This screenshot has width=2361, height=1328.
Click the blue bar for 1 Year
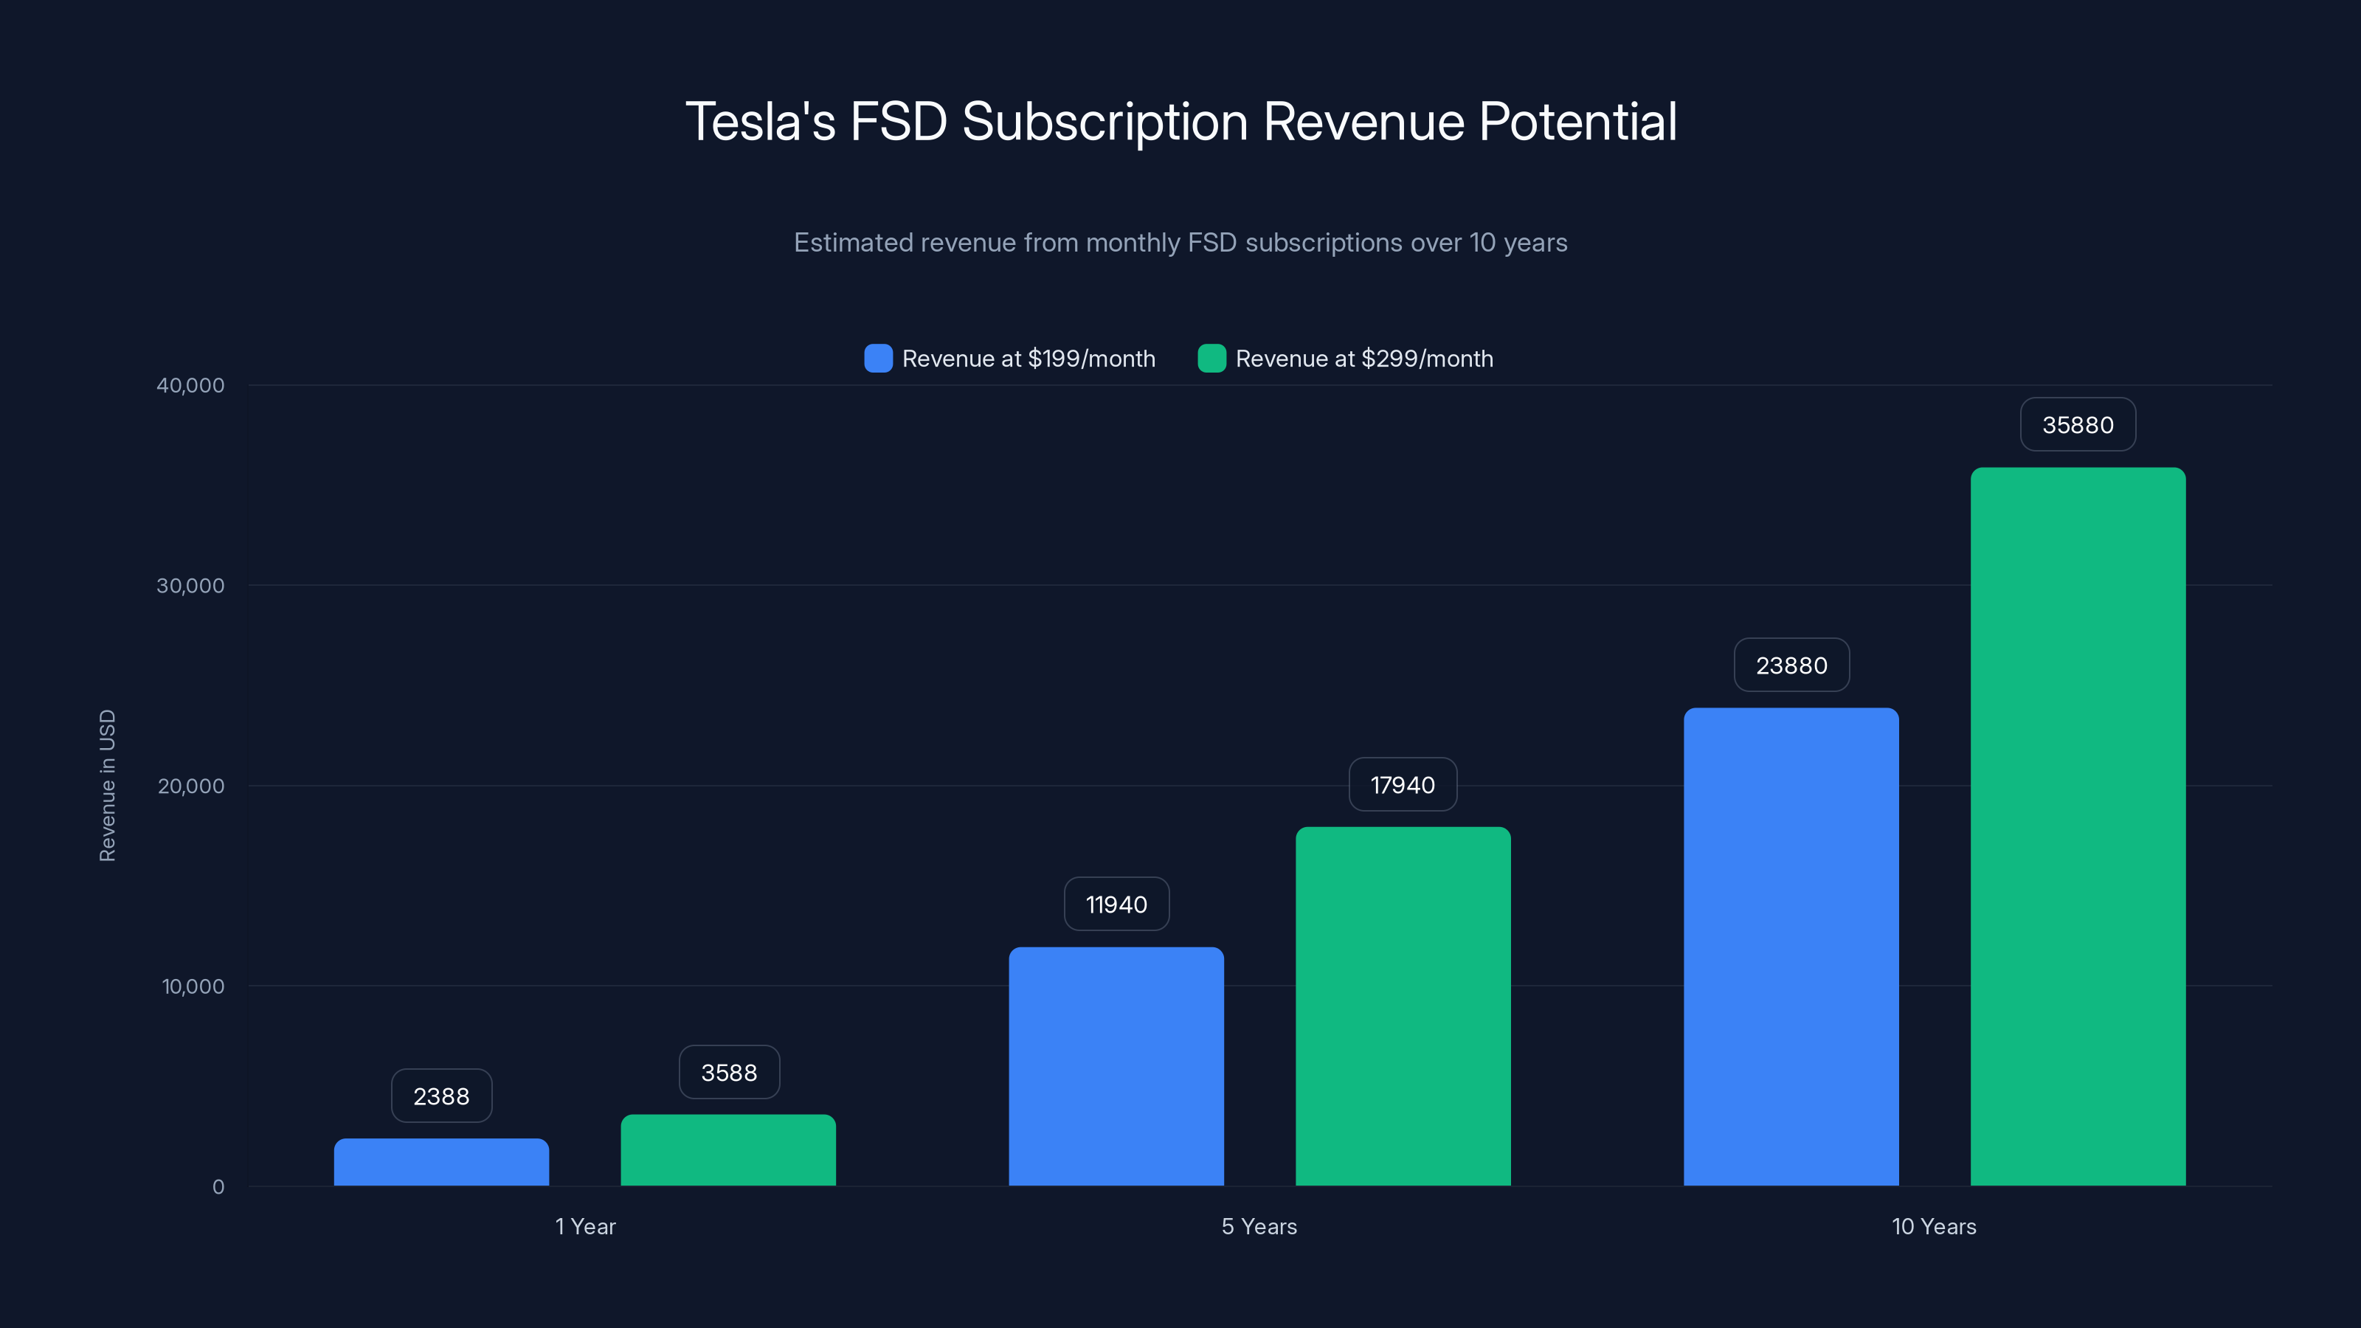pos(441,1162)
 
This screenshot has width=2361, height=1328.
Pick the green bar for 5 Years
pos(1403,1006)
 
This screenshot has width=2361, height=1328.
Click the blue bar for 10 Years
pos(1791,947)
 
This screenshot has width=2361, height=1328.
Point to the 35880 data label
pos(2078,424)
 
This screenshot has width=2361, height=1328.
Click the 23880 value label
pos(1791,665)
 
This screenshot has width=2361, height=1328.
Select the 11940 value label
pos(1116,905)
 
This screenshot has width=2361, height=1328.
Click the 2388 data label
pos(441,1096)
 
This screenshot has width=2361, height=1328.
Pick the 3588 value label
pos(729,1072)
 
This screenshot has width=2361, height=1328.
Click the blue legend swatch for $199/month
pos(878,359)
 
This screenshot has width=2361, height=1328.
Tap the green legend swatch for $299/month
pos(1211,359)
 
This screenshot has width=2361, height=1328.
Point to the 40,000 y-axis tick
pos(190,385)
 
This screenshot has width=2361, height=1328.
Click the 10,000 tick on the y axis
pos(193,986)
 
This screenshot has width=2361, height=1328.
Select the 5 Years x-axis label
pos(1259,1226)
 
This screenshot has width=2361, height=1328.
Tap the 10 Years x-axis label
pos(1934,1226)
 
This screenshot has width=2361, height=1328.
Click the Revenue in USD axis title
pos(107,786)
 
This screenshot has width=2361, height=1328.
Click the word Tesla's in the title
pos(760,122)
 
